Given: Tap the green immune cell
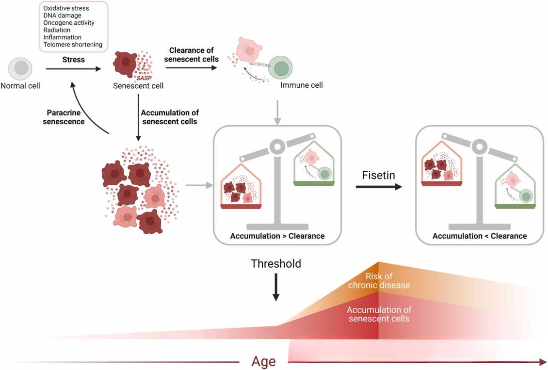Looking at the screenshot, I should [282, 68].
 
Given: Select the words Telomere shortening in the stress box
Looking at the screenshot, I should [73, 45].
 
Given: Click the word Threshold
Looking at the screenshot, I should [275, 264].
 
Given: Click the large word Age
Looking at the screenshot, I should [263, 361].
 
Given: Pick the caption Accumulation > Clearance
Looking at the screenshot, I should [277, 236].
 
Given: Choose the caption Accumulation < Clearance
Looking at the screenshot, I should [479, 236].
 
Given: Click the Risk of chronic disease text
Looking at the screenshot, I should [379, 281].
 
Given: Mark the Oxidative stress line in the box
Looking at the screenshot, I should [66, 8].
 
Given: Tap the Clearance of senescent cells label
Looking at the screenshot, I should [191, 55].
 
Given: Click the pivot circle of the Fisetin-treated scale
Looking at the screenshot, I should [479, 145].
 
